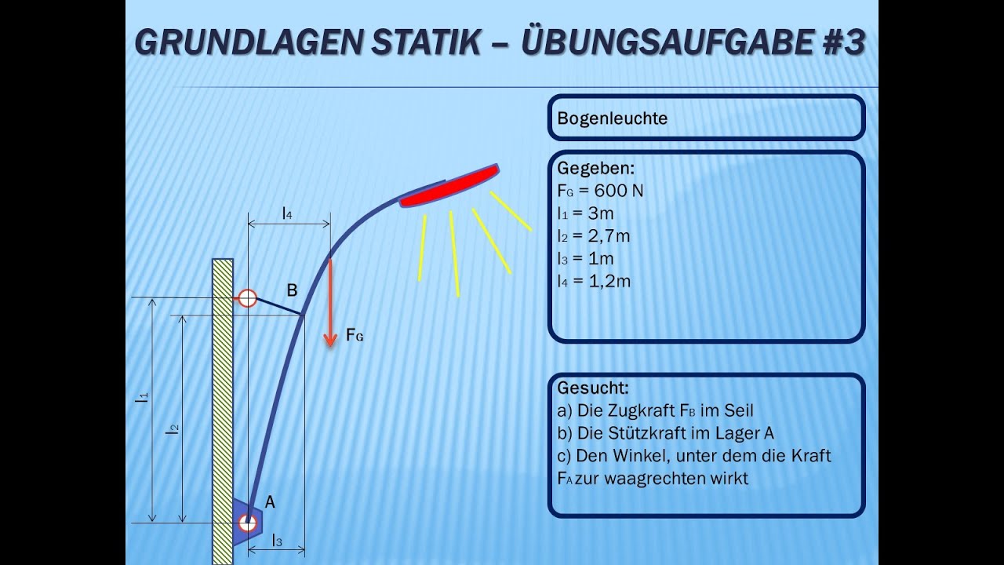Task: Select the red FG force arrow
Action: [x=331, y=302]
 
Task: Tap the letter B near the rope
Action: [x=292, y=291]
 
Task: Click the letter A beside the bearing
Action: [x=270, y=501]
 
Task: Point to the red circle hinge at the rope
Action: [x=247, y=298]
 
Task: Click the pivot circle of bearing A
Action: [x=248, y=523]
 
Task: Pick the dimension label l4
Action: [x=287, y=212]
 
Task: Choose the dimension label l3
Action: [x=276, y=540]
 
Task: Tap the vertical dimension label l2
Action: [x=173, y=428]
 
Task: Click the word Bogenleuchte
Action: [x=612, y=118]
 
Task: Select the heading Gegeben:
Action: [x=595, y=169]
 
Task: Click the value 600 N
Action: [x=619, y=191]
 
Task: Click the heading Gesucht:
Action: [x=593, y=388]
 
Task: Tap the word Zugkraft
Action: [x=642, y=410]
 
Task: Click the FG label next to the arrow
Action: [x=355, y=337]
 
